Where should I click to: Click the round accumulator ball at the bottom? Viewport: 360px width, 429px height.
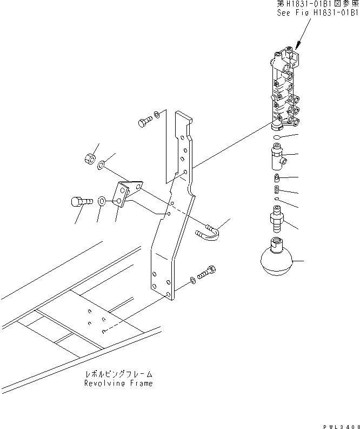275,262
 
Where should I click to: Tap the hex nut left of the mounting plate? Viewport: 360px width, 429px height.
90,159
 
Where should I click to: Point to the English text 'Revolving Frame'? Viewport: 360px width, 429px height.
118,383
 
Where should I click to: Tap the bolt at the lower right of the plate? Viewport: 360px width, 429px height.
207,273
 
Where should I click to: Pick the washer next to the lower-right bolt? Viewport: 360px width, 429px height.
193,281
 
